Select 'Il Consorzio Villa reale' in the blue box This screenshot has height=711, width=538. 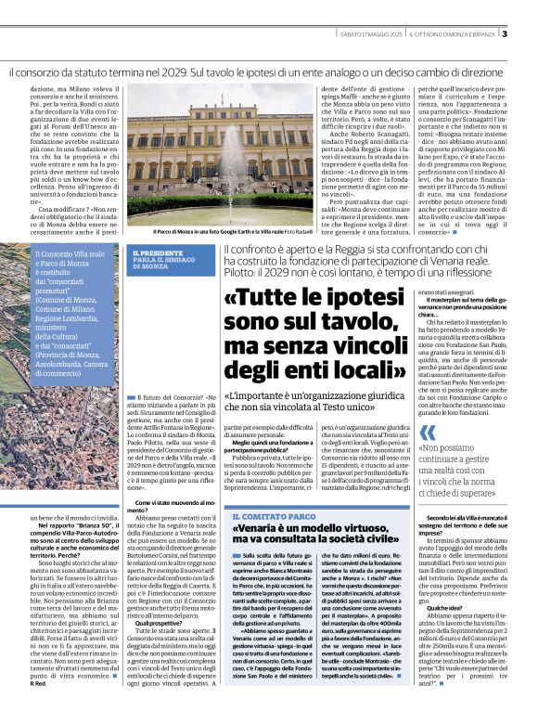[70, 253]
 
